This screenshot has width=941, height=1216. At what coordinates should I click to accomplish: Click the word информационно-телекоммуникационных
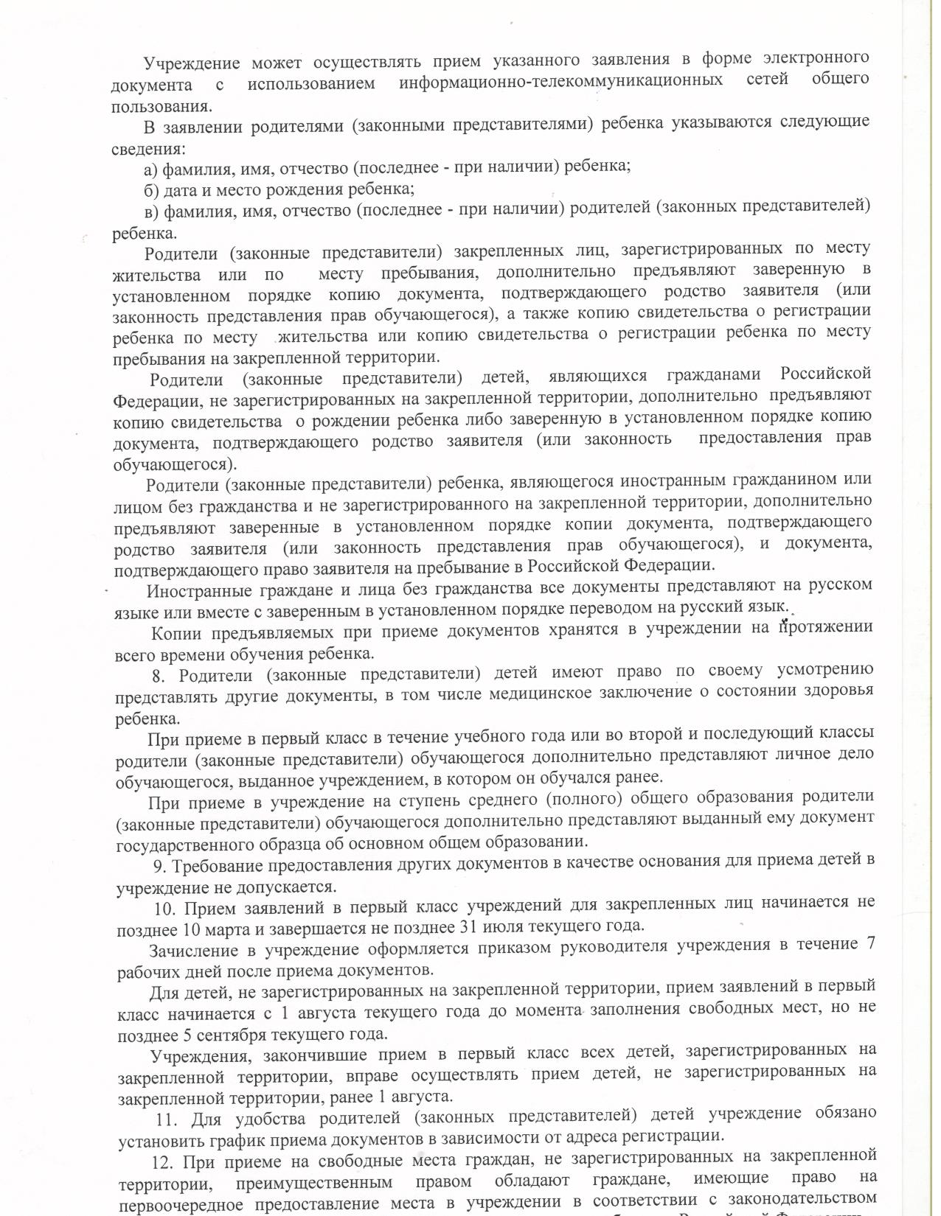point(560,80)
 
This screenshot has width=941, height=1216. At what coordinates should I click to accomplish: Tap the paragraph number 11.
point(167,1119)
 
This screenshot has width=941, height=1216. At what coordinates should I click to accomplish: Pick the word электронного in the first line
point(816,57)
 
